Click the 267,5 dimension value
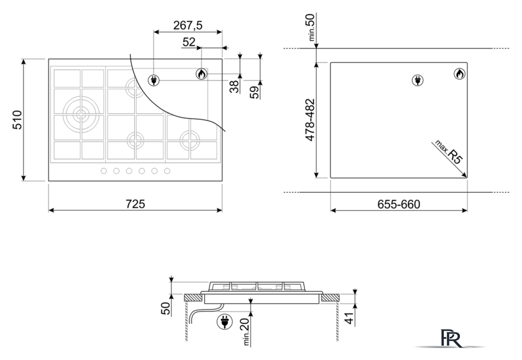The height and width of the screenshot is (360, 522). pos(188,25)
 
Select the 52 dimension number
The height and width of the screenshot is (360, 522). pos(189,42)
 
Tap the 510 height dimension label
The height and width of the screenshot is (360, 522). pos(17,120)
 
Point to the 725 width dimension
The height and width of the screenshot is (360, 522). pos(135,204)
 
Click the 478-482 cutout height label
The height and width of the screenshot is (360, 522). pos(310,120)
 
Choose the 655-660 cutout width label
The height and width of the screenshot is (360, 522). pos(398,204)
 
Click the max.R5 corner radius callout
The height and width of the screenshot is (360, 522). pos(449,152)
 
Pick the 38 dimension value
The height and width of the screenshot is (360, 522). pos(235,86)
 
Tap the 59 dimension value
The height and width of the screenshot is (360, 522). pos(254,92)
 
